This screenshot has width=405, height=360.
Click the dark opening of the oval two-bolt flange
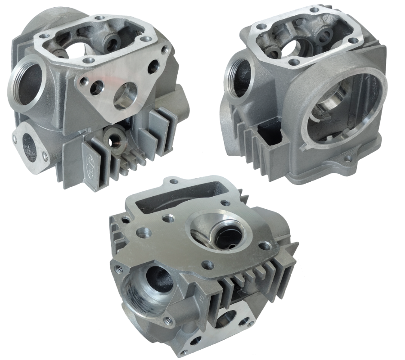[x=31, y=144]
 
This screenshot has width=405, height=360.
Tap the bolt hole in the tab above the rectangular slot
[x=174, y=182]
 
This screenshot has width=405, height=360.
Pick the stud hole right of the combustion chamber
[x=265, y=246]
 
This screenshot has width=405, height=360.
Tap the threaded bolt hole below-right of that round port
[x=168, y=320]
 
